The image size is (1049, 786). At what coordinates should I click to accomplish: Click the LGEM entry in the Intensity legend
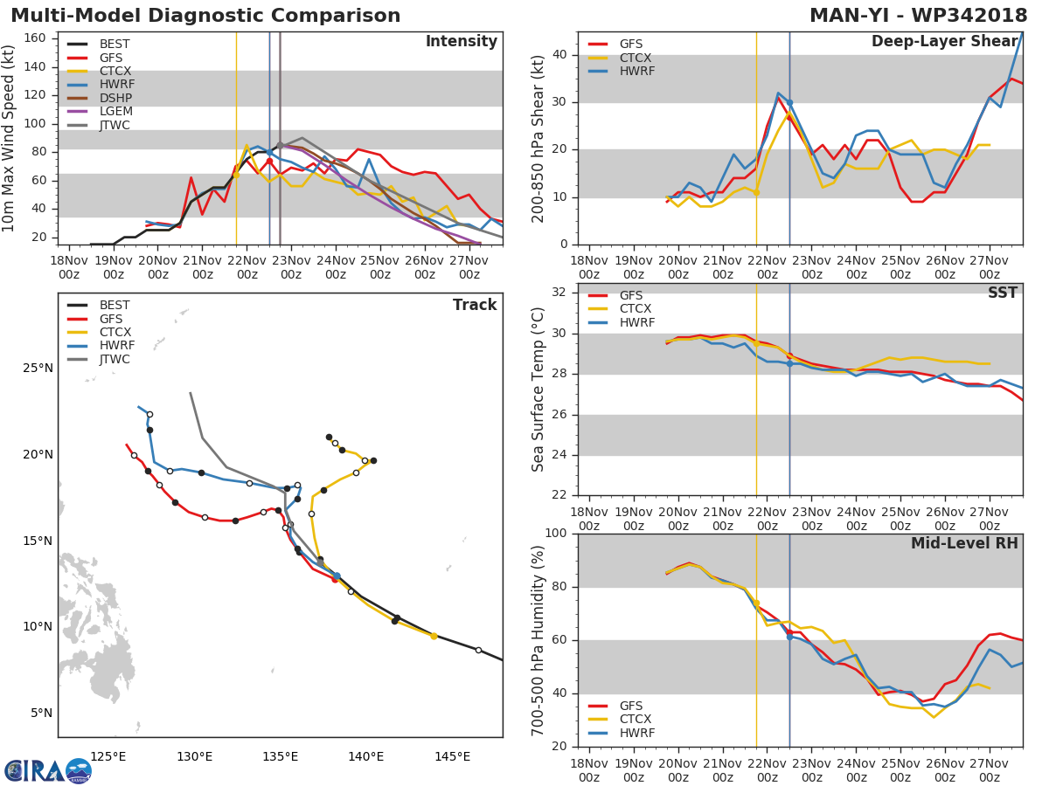click(x=115, y=112)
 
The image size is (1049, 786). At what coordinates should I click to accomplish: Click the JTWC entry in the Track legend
click(x=115, y=360)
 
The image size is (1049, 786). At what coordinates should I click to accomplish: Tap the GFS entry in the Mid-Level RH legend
click(x=631, y=706)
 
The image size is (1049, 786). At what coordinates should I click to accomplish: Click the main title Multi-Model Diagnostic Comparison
click(x=205, y=16)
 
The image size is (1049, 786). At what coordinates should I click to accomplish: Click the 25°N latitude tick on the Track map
click(x=38, y=369)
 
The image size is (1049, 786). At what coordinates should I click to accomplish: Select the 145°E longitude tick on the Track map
click(x=452, y=756)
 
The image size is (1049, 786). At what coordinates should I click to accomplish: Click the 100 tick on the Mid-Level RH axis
click(x=555, y=534)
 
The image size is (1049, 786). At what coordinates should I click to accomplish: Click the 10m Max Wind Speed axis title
click(x=10, y=138)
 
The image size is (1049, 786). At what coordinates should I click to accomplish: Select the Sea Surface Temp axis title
click(x=539, y=390)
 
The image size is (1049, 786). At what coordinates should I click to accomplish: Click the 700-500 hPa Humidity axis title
click(x=539, y=640)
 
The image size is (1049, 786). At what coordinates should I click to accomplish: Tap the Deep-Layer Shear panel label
click(x=944, y=42)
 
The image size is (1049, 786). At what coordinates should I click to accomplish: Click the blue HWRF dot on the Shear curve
click(x=789, y=103)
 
